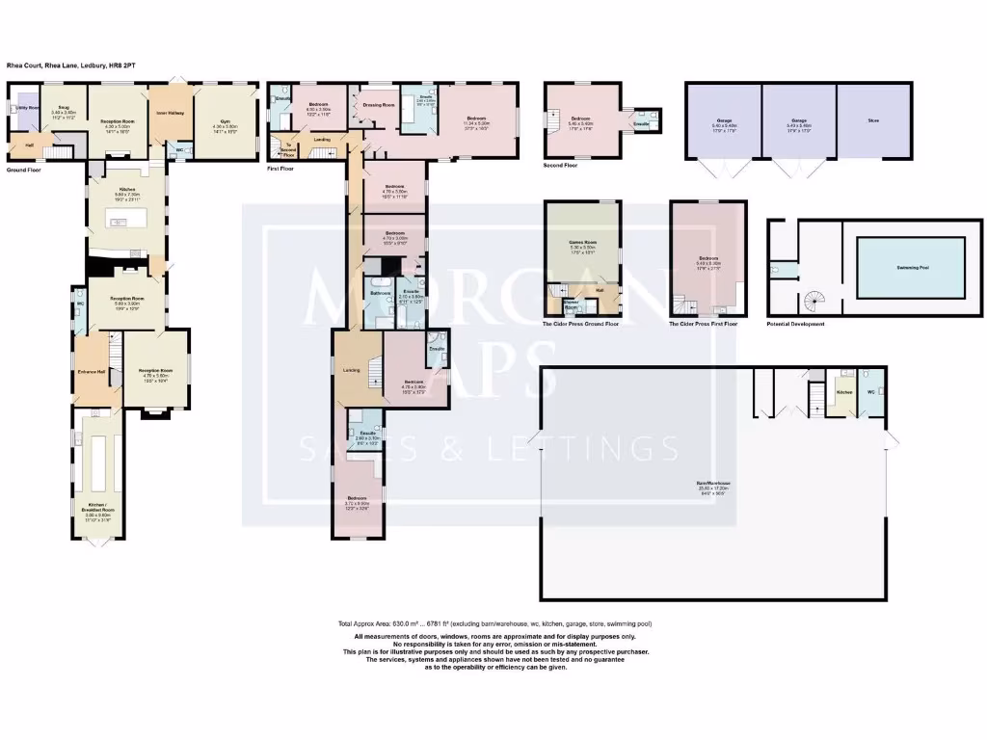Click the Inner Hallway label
point(170,113)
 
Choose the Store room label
point(873,121)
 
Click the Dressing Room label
point(379,104)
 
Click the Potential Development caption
point(795,325)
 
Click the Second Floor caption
point(561,165)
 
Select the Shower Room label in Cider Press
point(572,306)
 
